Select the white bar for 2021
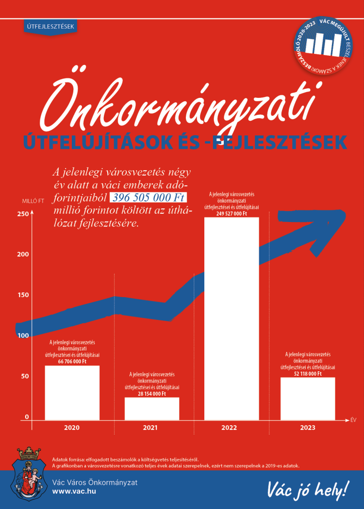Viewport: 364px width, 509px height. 152,408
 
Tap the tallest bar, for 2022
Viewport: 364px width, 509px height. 232,318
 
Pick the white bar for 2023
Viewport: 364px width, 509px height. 308,398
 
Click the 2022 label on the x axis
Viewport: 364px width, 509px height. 229,428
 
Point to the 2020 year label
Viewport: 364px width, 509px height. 71,428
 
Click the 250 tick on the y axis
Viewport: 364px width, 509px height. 23,214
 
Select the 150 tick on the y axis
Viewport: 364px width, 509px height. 23,295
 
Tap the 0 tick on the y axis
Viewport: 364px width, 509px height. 27,417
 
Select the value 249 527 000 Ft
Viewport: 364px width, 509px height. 232,213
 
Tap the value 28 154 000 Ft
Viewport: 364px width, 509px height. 152,394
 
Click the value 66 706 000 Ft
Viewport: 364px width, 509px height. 72,361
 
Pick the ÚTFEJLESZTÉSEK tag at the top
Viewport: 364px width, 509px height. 50,27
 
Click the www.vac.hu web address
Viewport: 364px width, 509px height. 74,491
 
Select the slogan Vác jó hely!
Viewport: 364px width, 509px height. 307,489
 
